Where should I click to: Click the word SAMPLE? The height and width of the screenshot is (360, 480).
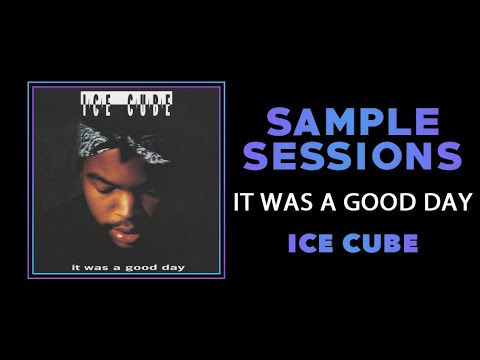(x=355, y=123)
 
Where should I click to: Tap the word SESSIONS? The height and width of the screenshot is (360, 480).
(x=355, y=156)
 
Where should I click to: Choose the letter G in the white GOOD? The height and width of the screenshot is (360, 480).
(x=351, y=200)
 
